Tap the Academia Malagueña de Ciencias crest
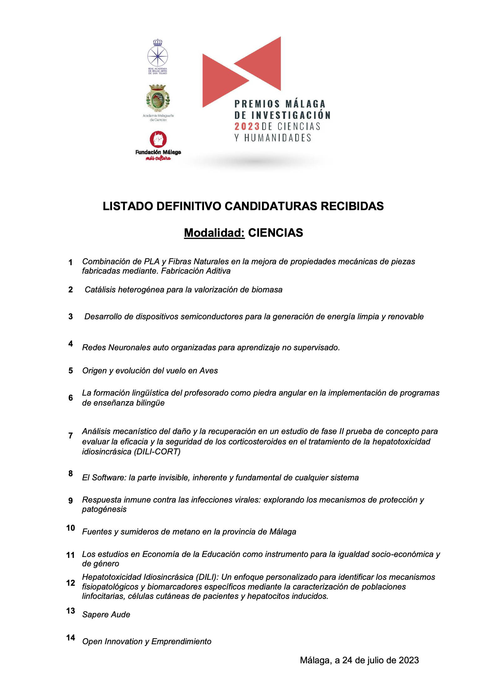(x=158, y=98)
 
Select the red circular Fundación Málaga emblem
(x=158, y=139)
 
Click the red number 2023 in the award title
(x=247, y=126)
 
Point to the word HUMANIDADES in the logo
(x=278, y=138)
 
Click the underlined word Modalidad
(x=214, y=233)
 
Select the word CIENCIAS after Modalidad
(x=276, y=233)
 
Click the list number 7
(x=71, y=436)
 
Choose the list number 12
(x=71, y=583)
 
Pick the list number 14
(x=71, y=638)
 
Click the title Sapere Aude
(x=106, y=615)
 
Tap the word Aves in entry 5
(x=209, y=371)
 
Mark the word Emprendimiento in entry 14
(x=181, y=641)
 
